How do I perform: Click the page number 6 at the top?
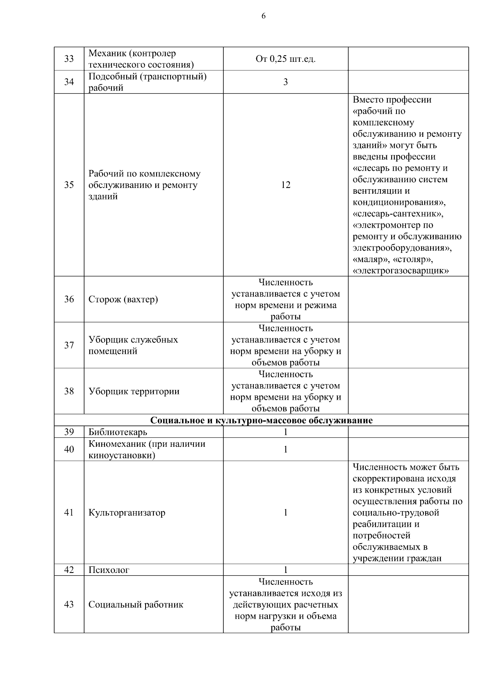263,16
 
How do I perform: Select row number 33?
69,59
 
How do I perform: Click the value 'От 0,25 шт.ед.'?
285,59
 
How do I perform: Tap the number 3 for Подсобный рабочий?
285,82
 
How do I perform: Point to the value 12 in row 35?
285,185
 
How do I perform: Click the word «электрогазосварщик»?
401,271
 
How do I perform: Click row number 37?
69,345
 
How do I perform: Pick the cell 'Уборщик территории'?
134,391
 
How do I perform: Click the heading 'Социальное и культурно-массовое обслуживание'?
261,421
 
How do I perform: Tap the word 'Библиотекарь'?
118,432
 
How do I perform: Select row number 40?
69,449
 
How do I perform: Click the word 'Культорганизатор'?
127,513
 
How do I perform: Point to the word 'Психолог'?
109,570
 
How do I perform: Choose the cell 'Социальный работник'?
136,604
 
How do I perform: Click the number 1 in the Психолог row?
285,570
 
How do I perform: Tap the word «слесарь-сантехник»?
398,214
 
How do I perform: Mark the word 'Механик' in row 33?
104,54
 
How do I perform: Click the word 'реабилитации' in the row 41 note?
380,524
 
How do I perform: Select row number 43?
69,604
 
